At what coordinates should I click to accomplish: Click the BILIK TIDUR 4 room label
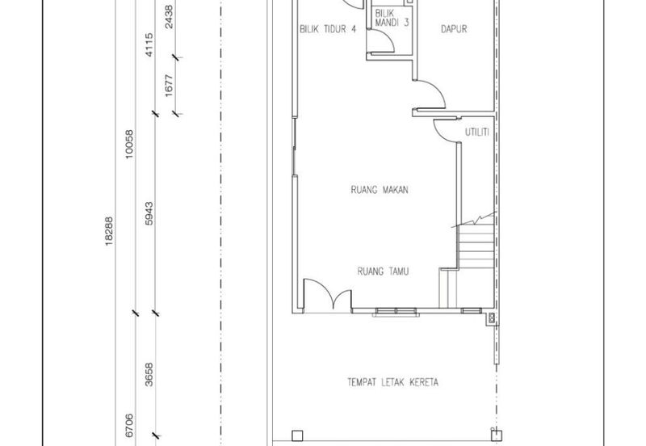coord(328,29)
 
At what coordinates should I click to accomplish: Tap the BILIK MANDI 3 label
coord(392,18)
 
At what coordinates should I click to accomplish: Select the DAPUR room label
coord(454,29)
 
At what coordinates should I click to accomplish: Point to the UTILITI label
coord(477,133)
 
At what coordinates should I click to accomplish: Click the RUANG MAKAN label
coord(380,190)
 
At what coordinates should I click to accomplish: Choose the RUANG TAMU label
coord(383,271)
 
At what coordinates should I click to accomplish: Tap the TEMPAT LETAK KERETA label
coord(392,382)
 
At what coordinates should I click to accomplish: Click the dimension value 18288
coord(109,231)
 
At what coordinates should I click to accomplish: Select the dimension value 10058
coord(129,145)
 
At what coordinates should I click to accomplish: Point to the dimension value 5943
coord(149,213)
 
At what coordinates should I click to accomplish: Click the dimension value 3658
coord(149,374)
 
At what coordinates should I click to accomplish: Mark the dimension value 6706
coord(129,425)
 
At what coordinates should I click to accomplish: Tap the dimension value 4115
coord(149,45)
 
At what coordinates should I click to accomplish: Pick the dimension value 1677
coord(169,86)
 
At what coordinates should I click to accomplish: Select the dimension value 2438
coord(169,16)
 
